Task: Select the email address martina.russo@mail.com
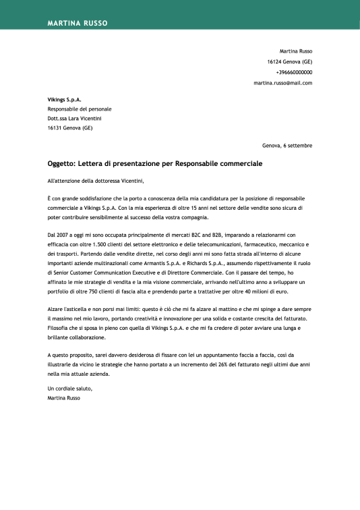(x=282, y=83)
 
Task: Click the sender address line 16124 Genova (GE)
(x=289, y=61)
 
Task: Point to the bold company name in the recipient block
(x=64, y=99)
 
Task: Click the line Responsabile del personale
(x=79, y=109)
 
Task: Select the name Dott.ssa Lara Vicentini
(x=74, y=118)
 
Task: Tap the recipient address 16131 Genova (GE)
(x=69, y=128)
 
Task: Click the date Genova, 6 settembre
(x=287, y=145)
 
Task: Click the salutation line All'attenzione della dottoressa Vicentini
(x=95, y=181)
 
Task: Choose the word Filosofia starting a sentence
(x=59, y=327)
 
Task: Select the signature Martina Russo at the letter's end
(x=64, y=399)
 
